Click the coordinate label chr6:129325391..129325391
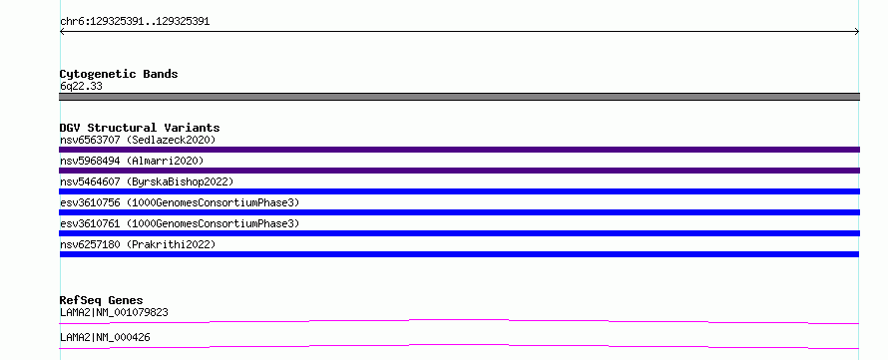pyautogui.click(x=135, y=22)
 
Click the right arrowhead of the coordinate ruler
pyautogui.click(x=857, y=32)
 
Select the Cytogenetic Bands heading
pyautogui.click(x=119, y=74)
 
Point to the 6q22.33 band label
pyautogui.click(x=81, y=87)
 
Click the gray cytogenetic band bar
pyautogui.click(x=459, y=97)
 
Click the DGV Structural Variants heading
pyautogui.click(x=140, y=128)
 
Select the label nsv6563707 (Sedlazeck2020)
pyautogui.click(x=138, y=140)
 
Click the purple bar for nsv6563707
pyautogui.click(x=459, y=150)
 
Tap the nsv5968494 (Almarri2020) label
pyautogui.click(x=132, y=161)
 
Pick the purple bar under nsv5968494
pyautogui.click(x=459, y=171)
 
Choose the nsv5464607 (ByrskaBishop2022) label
pyautogui.click(x=147, y=181)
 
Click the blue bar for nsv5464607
pyautogui.click(x=459, y=191)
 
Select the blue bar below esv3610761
pyautogui.click(x=459, y=233)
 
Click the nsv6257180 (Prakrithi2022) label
pyautogui.click(x=138, y=244)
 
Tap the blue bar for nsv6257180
pyautogui.click(x=459, y=254)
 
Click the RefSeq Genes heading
pyautogui.click(x=102, y=300)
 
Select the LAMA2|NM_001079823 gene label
pyautogui.click(x=114, y=312)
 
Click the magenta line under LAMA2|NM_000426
pyautogui.click(x=459, y=345)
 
